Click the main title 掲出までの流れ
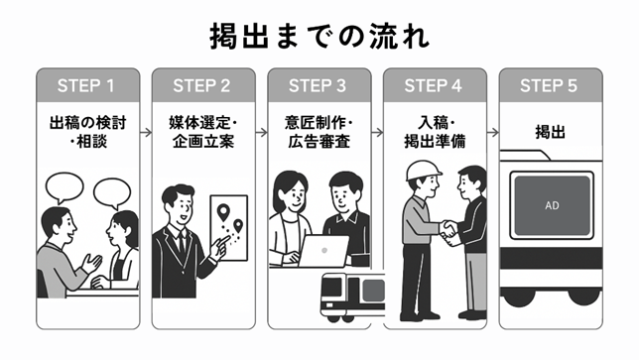[x=319, y=36]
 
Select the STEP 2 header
[x=202, y=84]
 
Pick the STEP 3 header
[x=319, y=84]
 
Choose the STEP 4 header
[x=435, y=84]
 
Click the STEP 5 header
[x=549, y=84]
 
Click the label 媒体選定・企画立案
[x=202, y=136]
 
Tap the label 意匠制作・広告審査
[x=319, y=136]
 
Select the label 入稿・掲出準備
[x=435, y=136]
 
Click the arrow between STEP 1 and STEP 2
[x=145, y=84]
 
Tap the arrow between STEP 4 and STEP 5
[x=492, y=84]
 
